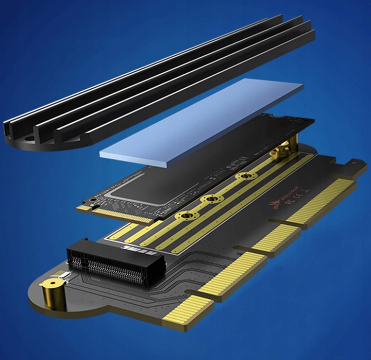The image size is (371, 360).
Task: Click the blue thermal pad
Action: coord(201,122)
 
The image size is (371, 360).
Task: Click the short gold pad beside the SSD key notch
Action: coord(82,208)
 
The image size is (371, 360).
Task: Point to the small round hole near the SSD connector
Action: coord(95,199)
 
